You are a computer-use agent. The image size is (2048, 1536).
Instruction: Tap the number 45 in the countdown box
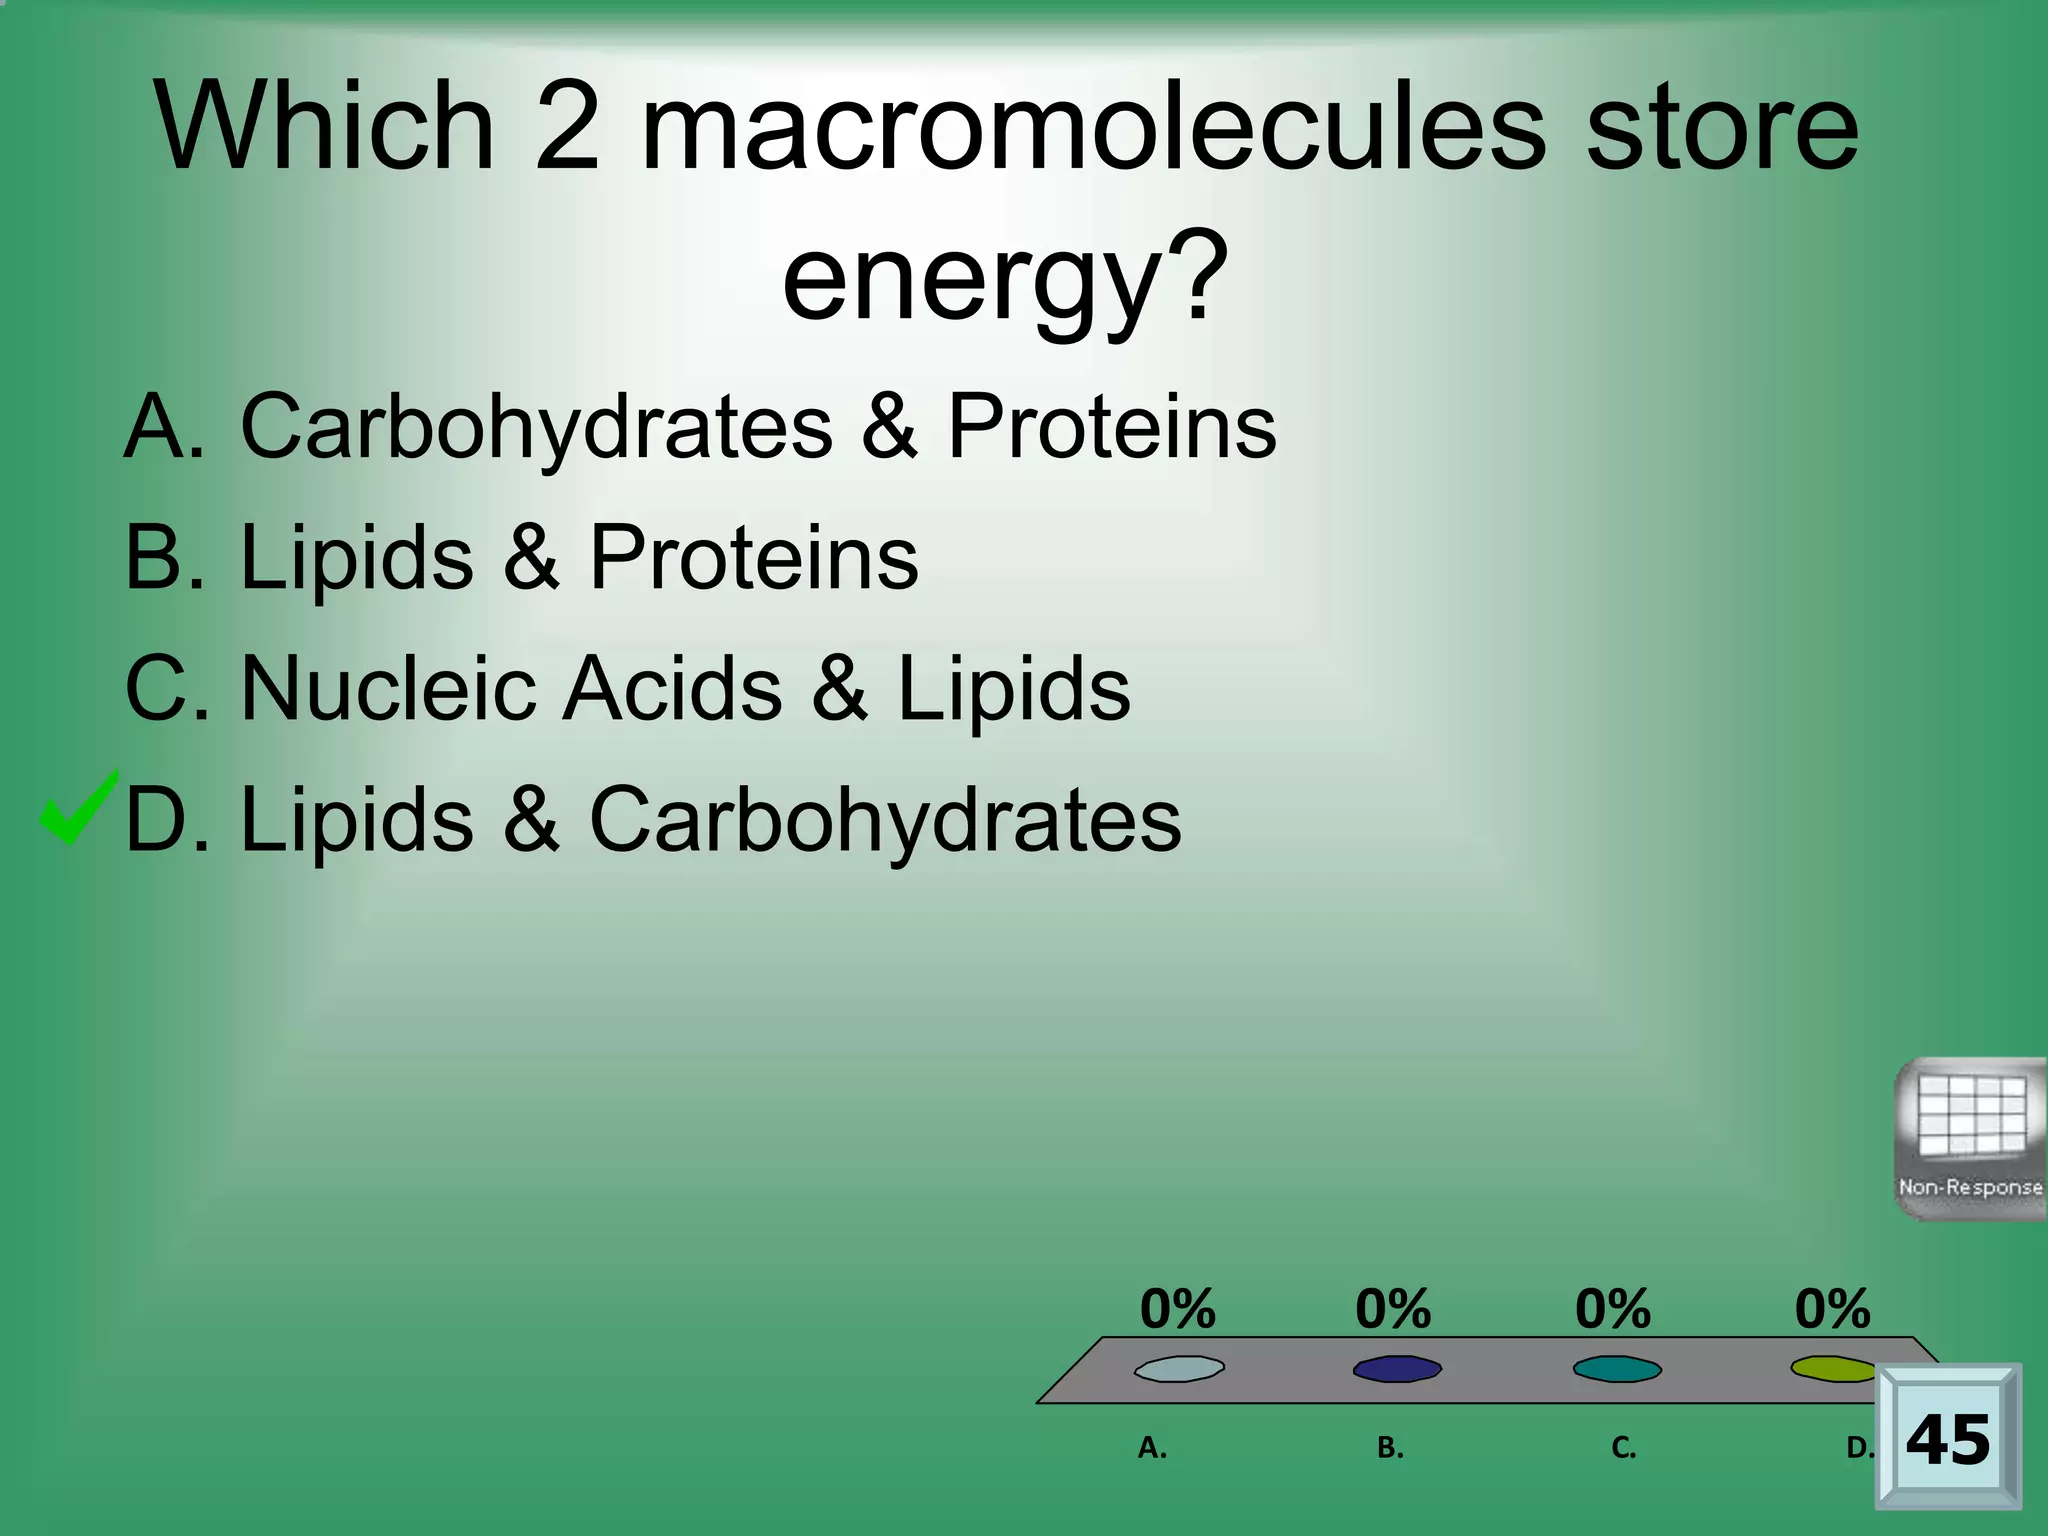click(1948, 1441)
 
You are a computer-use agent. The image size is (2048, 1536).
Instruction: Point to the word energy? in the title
click(1004, 275)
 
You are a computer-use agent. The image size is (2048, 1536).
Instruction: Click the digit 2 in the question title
click(567, 127)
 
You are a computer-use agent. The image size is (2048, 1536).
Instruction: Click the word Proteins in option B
click(753, 558)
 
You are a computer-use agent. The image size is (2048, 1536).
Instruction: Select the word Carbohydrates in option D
click(885, 821)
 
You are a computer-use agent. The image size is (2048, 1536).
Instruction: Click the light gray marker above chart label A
click(1179, 1369)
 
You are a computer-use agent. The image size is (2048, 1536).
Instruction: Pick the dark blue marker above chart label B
click(1397, 1369)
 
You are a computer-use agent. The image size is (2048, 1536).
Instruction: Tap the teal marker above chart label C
click(1617, 1369)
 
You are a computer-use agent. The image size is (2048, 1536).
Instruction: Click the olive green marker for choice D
click(1833, 1368)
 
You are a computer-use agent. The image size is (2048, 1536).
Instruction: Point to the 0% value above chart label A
click(1178, 1309)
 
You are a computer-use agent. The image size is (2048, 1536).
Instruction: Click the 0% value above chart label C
click(1613, 1309)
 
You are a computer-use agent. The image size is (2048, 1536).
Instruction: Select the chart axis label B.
click(1390, 1448)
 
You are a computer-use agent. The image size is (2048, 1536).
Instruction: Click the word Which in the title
click(325, 127)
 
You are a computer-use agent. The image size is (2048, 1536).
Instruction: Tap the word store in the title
click(1722, 127)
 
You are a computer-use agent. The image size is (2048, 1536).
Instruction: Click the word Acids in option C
click(672, 689)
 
